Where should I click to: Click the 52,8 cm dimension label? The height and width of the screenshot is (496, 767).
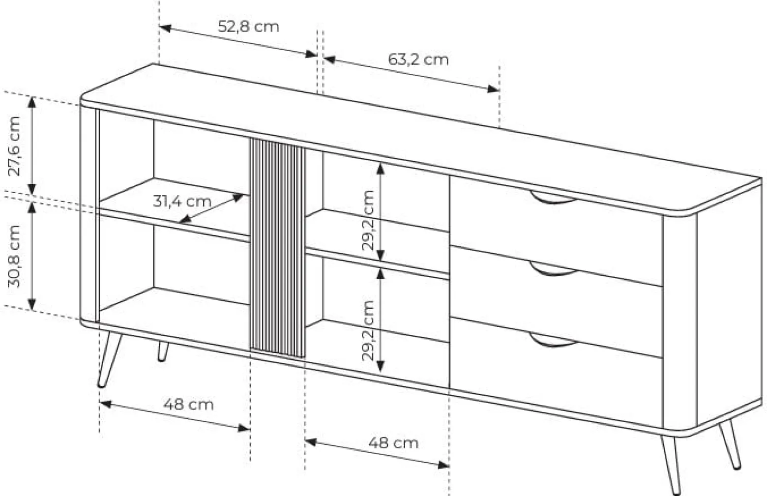249,27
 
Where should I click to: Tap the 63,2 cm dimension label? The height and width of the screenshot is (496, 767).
418,59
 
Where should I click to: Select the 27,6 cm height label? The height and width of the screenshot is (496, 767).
15,146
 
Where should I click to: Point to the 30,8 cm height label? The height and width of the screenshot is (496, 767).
15,256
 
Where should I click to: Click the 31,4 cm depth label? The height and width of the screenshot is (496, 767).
182,201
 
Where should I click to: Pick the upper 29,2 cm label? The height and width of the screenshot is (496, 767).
368,220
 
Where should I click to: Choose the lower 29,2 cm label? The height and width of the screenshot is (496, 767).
368,330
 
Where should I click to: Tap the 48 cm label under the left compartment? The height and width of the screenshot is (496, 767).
188,405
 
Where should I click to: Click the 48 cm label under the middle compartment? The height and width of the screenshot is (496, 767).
393,443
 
